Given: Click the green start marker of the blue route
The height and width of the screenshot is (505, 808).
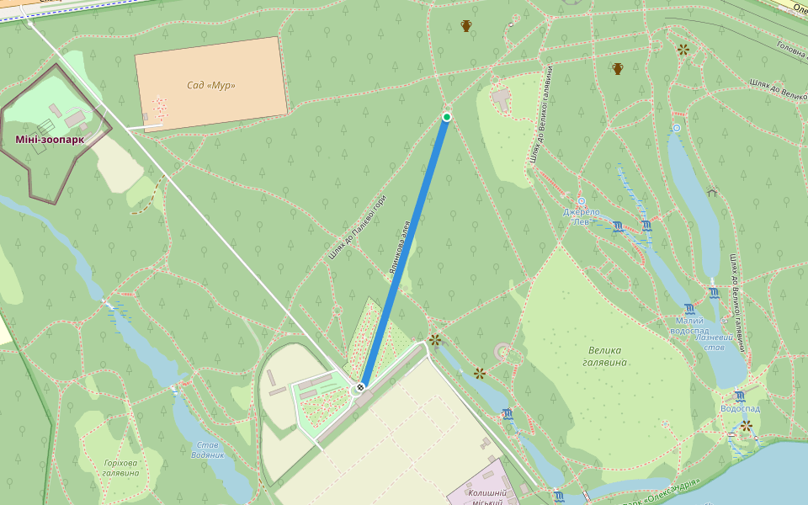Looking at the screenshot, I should [x=447, y=116].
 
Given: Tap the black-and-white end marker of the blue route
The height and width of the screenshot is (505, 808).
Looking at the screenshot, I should [x=361, y=387].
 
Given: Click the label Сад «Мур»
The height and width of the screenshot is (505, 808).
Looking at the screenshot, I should [x=210, y=85].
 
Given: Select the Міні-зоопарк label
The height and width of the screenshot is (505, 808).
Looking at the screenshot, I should [x=50, y=139].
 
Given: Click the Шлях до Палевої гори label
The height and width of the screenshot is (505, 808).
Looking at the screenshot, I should [x=358, y=228].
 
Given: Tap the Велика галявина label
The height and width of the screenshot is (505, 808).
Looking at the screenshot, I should [x=604, y=356].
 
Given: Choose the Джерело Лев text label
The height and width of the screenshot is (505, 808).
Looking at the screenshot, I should [x=582, y=216].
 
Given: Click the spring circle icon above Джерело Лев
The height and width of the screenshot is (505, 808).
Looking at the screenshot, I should [x=581, y=202].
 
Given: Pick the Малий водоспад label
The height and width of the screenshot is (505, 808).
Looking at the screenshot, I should [x=695, y=326].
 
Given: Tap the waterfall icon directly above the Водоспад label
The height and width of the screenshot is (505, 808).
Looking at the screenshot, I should [x=739, y=396].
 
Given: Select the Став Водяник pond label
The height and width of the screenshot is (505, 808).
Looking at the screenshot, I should [x=209, y=449].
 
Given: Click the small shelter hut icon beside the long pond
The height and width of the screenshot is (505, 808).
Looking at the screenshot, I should [x=712, y=192].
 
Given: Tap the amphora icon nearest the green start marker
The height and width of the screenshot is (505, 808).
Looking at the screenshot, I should [x=465, y=26].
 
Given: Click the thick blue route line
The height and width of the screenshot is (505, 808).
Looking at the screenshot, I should [x=404, y=252].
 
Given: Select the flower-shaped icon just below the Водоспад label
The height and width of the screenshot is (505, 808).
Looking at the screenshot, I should [x=746, y=426].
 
